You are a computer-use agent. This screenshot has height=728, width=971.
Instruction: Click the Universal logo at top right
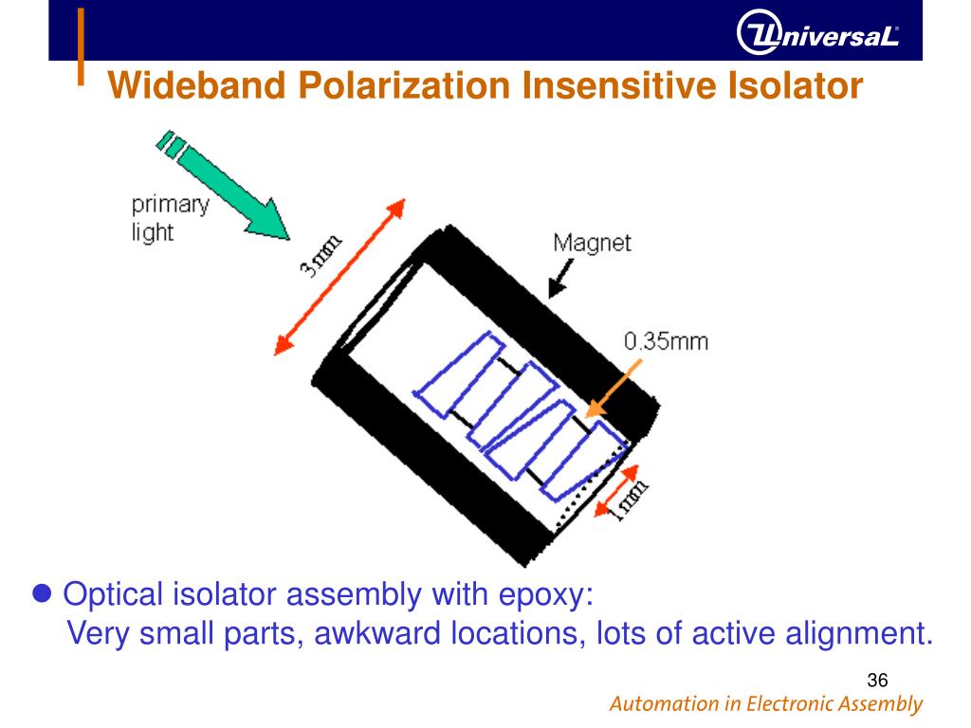817,35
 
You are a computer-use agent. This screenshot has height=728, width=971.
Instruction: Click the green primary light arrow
228,188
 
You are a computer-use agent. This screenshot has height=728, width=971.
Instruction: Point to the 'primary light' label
169,217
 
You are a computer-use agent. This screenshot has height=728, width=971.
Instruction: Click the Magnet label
592,243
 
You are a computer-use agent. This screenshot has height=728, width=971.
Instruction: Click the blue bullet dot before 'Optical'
41,594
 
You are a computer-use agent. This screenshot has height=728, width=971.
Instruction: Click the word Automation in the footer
664,704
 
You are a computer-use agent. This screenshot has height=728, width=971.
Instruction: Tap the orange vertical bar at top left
82,45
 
